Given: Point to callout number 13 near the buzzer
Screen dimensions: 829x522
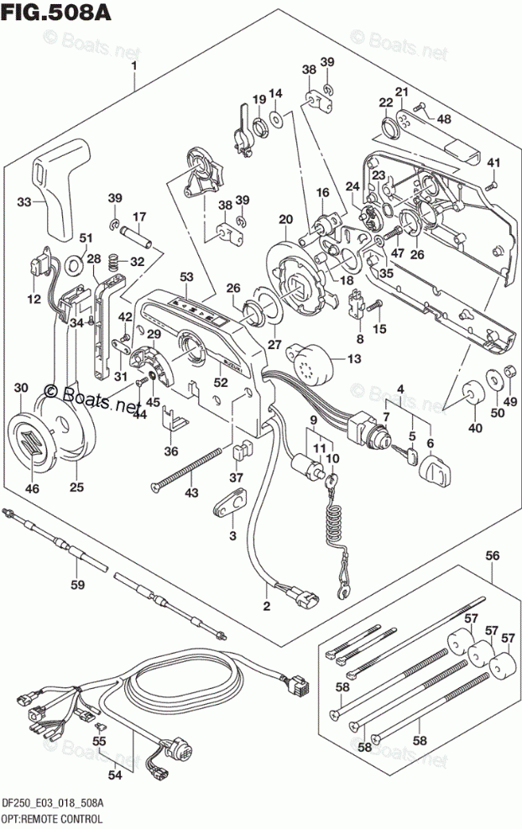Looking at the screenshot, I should [352, 359].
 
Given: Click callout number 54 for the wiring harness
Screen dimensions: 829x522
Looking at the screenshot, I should [115, 774].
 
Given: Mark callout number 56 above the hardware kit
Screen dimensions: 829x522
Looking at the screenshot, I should [493, 555].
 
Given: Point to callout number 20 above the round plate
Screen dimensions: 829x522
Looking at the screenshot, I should [286, 220].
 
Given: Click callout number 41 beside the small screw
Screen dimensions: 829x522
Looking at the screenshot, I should [494, 163].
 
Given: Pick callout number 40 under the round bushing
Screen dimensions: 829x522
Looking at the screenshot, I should [476, 429].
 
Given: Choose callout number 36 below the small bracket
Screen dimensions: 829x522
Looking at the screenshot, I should [171, 451].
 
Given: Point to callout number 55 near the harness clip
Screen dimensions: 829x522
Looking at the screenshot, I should [100, 742].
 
